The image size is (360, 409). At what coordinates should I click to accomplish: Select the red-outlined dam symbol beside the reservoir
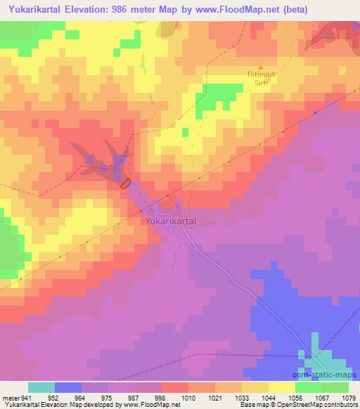[125, 183]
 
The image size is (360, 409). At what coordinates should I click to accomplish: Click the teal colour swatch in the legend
[41, 387]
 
